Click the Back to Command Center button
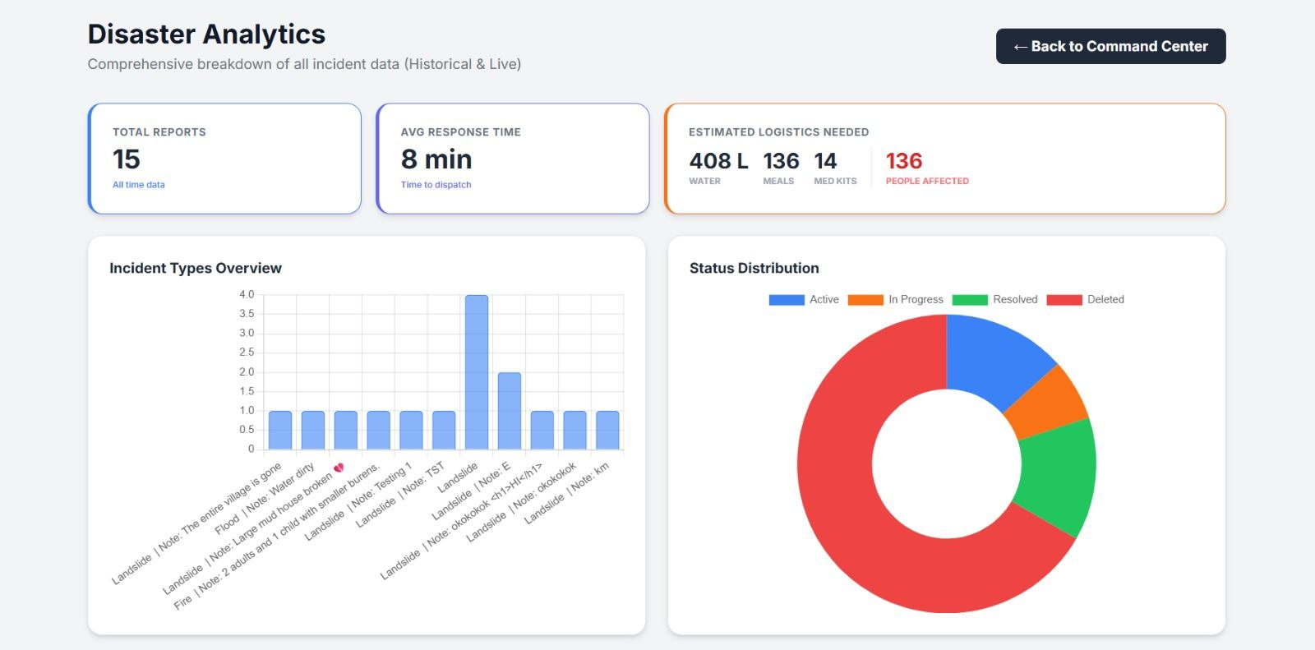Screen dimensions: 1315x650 (1110, 46)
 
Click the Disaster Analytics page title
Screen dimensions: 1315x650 (206, 34)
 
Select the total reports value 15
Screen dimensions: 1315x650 (127, 159)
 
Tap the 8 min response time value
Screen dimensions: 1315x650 (436, 159)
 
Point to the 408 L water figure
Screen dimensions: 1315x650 (718, 161)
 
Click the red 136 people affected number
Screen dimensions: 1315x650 (904, 161)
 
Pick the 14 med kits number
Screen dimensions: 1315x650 (825, 161)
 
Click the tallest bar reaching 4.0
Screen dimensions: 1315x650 (477, 372)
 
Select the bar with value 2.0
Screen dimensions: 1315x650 (510, 411)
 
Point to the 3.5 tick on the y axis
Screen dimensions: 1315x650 (247, 314)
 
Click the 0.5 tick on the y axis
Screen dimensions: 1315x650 (247, 429)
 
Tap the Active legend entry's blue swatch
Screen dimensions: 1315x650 (787, 299)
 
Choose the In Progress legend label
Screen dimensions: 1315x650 (916, 299)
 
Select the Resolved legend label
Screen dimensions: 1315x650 (1015, 299)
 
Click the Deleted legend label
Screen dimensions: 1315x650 (1105, 299)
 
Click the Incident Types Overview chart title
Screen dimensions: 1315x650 (196, 269)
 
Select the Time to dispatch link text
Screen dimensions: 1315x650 (436, 184)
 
